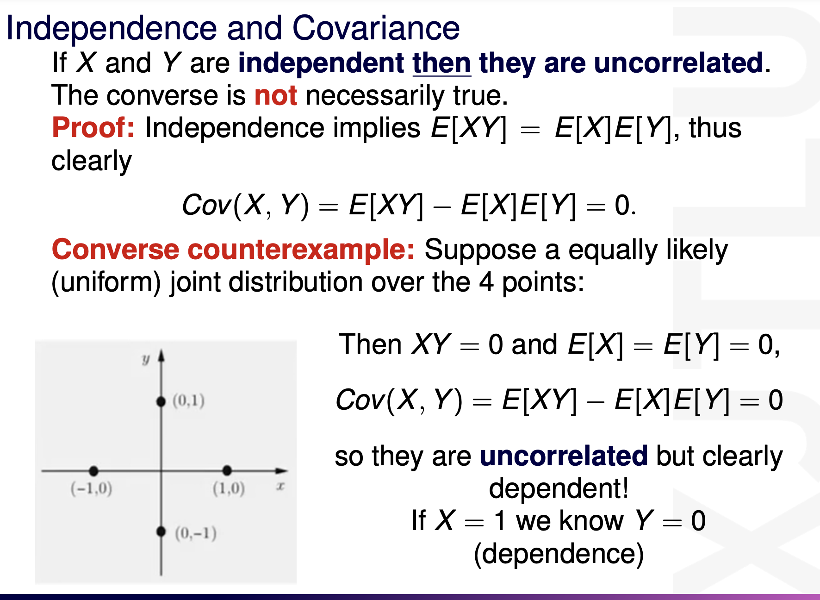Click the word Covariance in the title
point(376,28)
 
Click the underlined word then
point(441,63)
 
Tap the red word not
point(276,96)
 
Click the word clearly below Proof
point(92,161)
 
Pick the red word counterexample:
point(301,250)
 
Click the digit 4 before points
point(486,282)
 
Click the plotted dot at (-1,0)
point(94,471)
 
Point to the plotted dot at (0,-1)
point(161,531)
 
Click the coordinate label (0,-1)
point(196,533)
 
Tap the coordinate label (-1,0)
point(91,488)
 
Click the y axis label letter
point(146,359)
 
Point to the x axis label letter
point(280,486)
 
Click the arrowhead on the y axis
point(161,356)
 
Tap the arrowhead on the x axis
point(281,471)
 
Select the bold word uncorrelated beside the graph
point(564,456)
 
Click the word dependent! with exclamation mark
point(559,488)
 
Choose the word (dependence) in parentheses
point(559,554)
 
